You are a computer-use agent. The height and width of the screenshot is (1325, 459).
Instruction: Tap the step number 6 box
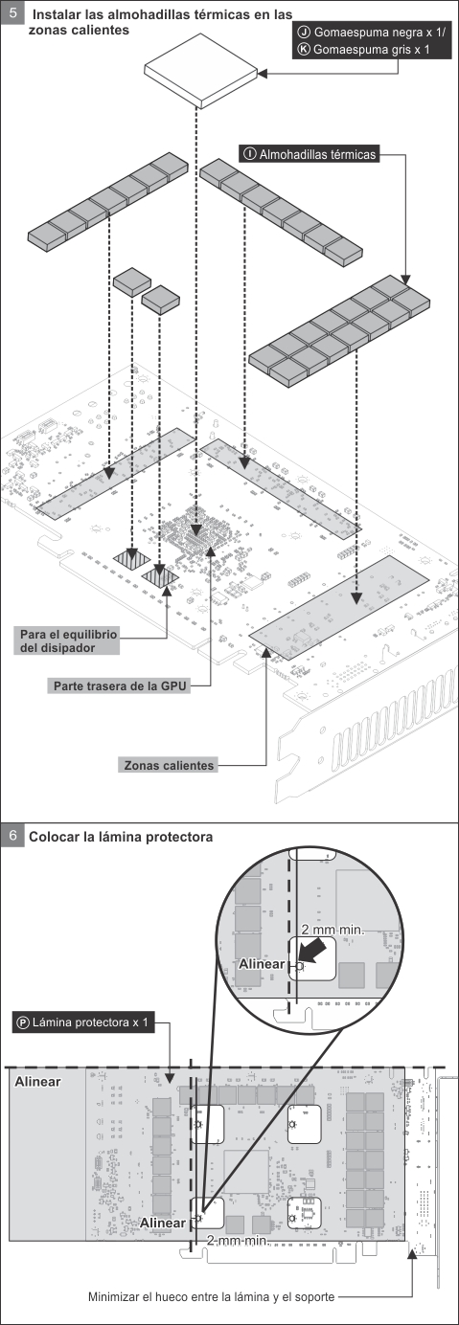12,835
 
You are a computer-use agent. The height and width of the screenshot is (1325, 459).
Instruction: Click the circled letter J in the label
305,34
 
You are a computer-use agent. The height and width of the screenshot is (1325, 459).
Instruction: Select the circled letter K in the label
305,50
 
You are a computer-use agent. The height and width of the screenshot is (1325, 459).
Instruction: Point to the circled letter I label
250,154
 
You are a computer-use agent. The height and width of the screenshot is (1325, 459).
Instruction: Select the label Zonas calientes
169,765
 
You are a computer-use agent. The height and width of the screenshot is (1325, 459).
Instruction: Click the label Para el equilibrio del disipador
67,640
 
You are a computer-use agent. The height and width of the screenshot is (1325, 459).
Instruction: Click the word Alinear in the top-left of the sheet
37,1081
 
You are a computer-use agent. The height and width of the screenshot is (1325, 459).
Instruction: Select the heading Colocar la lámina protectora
121,837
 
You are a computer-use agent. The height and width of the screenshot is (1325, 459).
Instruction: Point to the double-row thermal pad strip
339,331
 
